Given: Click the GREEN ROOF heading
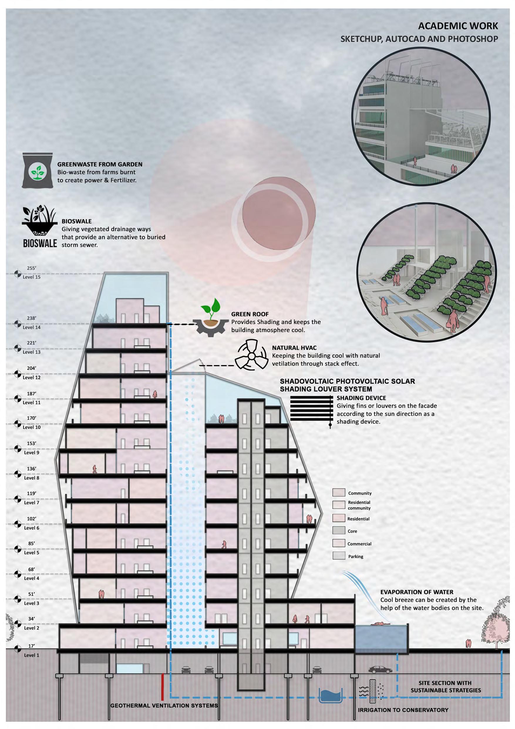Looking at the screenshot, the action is pos(250,314).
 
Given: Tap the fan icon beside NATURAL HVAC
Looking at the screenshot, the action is pos(251,356).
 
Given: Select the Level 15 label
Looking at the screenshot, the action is pos(31,277).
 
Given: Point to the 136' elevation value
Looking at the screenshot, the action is pos(31,469).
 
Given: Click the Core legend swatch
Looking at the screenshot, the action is pos(339,530).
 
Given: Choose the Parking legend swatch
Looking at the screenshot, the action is pos(339,556).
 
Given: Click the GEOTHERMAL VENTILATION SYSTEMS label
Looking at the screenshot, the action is pos(164,705).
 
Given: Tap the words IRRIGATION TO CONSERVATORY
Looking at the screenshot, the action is pos(403,710).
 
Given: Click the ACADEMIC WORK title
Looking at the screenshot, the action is pos(458,26).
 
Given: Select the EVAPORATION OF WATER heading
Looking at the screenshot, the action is pos(417,592).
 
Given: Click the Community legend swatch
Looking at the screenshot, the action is pos(339,492).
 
